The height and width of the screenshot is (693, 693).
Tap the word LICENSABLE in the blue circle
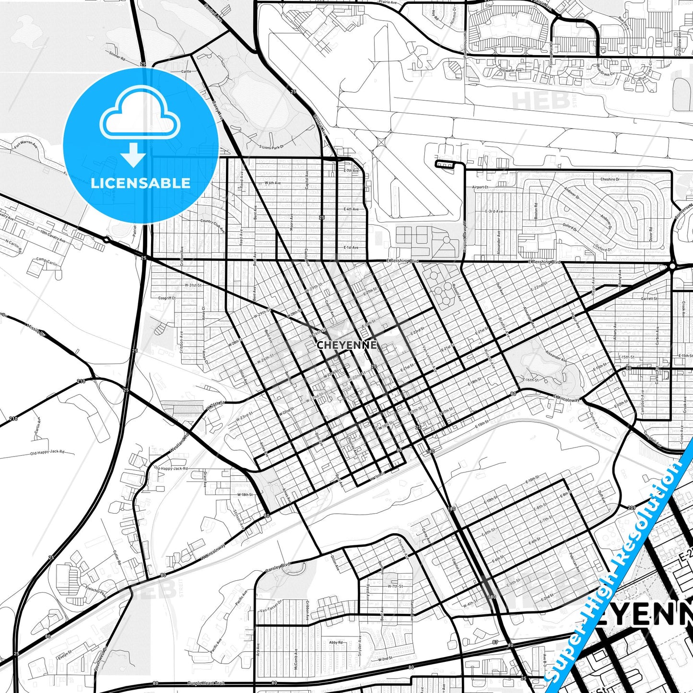(141, 183)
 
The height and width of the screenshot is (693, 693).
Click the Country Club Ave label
(213, 225)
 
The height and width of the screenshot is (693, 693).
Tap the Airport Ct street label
(480, 187)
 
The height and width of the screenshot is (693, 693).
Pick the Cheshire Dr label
(610, 179)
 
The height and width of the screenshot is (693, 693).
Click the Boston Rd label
(536, 211)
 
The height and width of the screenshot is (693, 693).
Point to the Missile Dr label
(35, 329)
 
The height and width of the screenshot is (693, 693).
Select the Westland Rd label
(179, 444)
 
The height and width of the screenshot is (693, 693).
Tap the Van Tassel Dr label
(270, 606)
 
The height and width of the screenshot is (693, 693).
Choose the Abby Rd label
(336, 642)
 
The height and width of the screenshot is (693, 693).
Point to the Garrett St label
(649, 298)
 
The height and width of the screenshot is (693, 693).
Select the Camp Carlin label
(47, 262)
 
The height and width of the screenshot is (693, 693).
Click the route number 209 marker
(631, 507)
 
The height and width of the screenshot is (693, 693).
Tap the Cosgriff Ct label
(167, 298)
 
